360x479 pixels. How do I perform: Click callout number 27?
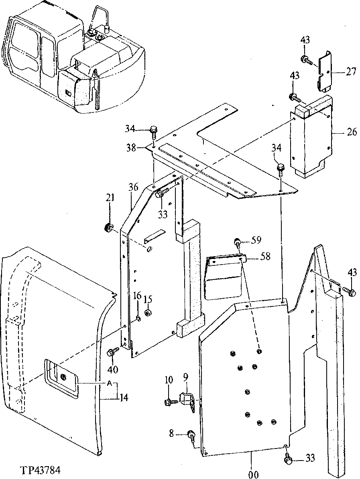point(351,72)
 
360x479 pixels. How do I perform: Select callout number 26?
point(352,132)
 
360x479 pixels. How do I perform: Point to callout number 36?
point(133,188)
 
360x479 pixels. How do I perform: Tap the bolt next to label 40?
point(112,353)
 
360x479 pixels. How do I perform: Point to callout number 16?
point(137,296)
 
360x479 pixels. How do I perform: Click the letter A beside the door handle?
point(109,383)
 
